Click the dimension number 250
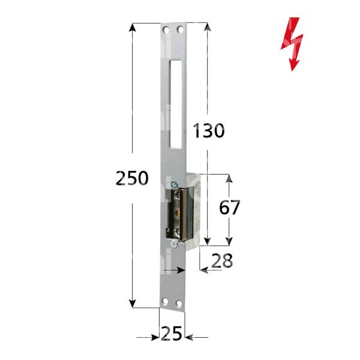coord(131,178)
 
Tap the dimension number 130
coord(208,130)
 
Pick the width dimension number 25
coord(172,331)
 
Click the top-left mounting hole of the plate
coord(165,29)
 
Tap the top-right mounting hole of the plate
coord(179,29)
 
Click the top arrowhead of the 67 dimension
coord(228,178)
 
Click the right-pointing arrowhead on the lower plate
coord(182,271)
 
